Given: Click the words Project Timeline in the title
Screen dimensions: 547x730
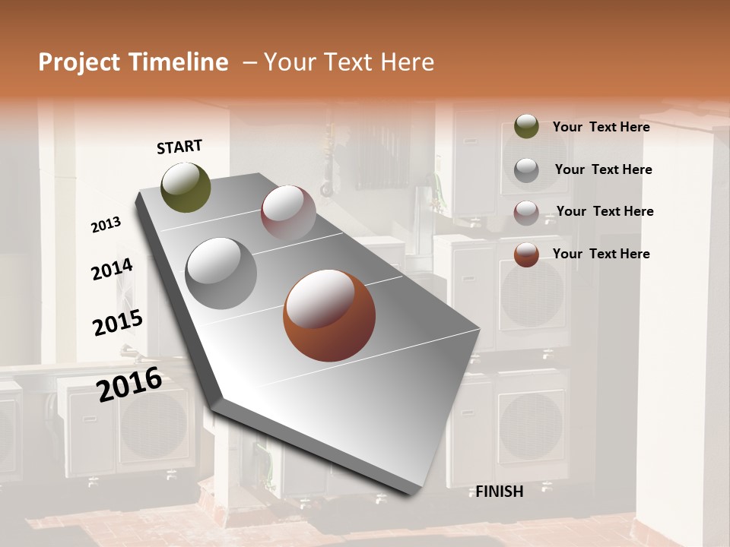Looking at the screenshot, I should tap(133, 62).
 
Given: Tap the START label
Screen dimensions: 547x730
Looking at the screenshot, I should tap(179, 147).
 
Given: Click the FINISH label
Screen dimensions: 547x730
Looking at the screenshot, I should tap(500, 492).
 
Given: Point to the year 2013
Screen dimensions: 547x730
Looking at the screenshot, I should tap(106, 225).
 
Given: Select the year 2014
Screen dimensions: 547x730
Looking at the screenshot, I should tap(112, 270).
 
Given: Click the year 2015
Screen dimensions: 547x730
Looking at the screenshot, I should tap(118, 323).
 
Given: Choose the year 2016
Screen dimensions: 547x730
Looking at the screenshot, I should tap(129, 384).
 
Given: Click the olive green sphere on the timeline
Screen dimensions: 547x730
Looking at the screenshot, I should tap(186, 187).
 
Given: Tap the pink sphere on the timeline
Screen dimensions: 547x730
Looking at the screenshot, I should tap(288, 212).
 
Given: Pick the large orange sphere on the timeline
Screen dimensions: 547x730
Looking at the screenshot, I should tap(329, 315).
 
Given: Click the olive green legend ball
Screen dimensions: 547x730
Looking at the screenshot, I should tap(526, 126).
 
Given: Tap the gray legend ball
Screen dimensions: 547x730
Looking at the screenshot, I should tap(526, 169).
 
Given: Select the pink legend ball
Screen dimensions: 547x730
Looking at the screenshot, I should tap(526, 212).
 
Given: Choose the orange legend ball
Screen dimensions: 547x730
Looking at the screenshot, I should tap(526, 255).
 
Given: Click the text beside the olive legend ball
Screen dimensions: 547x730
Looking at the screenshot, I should tap(601, 127).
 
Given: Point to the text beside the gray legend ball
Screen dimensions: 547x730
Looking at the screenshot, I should tap(603, 169).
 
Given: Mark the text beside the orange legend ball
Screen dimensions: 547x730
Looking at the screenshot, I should tap(601, 254).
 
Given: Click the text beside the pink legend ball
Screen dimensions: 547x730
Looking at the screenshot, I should tap(605, 211).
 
